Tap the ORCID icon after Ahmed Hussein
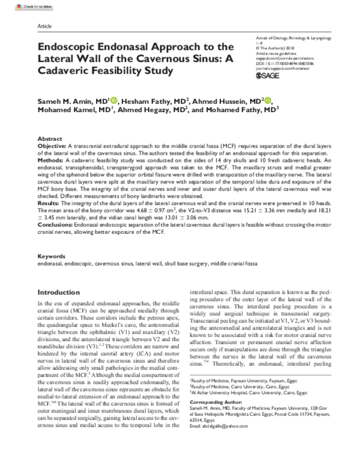coord(268,101)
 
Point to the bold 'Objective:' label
coord(53,145)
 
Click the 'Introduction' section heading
coord(62,292)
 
